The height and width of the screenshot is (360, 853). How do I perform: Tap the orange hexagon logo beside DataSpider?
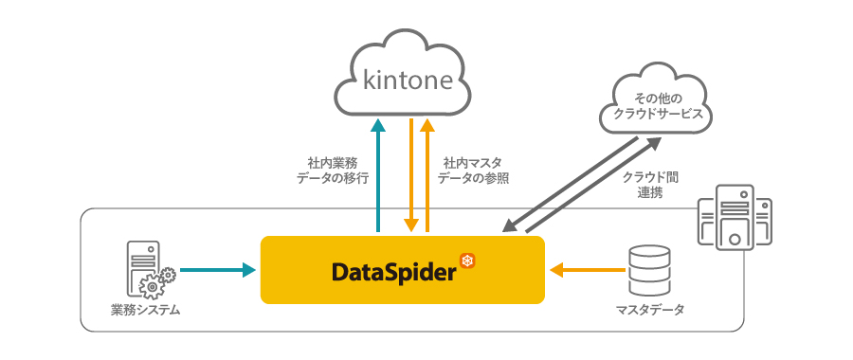tap(465, 260)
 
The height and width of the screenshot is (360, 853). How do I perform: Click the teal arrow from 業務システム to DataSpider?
tap(217, 270)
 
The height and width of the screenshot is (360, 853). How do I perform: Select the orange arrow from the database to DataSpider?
tap(588, 270)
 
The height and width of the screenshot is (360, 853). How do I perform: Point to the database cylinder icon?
tap(650, 269)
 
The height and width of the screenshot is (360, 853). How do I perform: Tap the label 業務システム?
tap(145, 311)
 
